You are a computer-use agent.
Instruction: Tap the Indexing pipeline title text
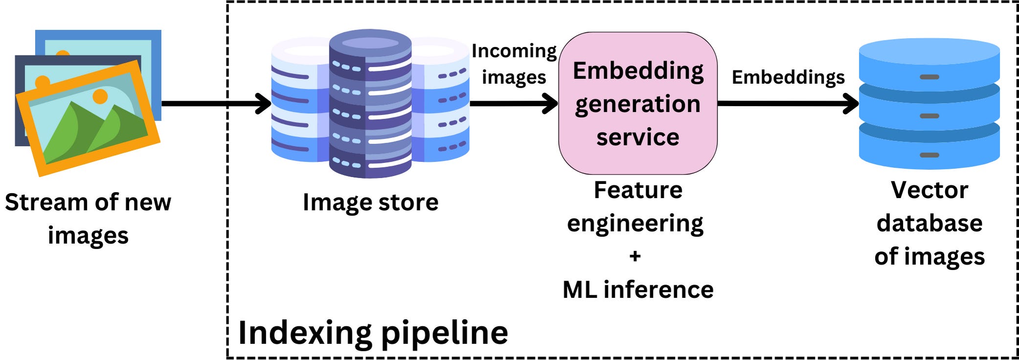[373, 333]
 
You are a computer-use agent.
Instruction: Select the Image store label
[370, 202]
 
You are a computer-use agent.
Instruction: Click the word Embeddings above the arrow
[788, 77]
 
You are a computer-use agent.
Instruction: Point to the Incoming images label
[514, 64]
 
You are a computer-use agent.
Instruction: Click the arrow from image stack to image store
[215, 104]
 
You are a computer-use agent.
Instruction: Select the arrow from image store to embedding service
[514, 104]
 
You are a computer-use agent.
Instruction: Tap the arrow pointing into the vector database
[788, 104]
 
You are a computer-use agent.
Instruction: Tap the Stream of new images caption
[88, 218]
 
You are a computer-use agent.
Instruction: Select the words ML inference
[638, 290]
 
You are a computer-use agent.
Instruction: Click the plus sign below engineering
[635, 256]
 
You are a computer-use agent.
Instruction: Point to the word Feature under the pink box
[638, 190]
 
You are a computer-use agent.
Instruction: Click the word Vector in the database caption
[929, 190]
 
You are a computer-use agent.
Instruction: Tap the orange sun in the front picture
[100, 96]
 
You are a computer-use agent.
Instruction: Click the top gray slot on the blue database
[929, 77]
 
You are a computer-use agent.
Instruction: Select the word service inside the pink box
[637, 137]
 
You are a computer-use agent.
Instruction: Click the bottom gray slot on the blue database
[929, 155]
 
